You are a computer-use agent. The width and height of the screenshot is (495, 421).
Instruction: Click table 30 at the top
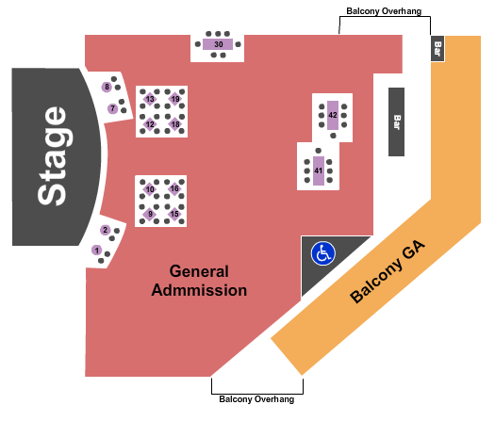tap(218, 44)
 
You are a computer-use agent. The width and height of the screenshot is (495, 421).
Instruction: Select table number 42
tap(333, 115)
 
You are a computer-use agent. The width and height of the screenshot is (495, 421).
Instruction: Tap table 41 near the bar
tap(319, 170)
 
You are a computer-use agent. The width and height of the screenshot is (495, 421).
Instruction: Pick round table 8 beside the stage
tap(107, 87)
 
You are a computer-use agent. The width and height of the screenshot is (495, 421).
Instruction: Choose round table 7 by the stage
tap(113, 108)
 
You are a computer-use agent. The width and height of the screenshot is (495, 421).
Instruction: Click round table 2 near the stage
tap(105, 230)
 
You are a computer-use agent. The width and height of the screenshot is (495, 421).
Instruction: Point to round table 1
tap(96, 251)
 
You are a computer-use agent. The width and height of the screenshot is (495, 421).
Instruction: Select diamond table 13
tap(150, 99)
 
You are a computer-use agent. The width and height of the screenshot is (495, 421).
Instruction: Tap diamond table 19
tap(175, 99)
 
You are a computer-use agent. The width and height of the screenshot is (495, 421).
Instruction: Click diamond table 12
tap(150, 124)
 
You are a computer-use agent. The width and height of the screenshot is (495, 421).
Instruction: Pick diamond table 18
tap(175, 124)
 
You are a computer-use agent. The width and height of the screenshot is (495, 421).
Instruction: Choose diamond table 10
tap(150, 189)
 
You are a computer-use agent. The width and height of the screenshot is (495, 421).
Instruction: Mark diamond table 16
tap(174, 188)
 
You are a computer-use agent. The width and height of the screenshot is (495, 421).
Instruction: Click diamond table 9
tap(150, 214)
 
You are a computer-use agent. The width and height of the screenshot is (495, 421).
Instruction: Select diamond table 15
tap(174, 214)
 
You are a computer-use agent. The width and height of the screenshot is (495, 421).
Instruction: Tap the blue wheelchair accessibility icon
tap(323, 253)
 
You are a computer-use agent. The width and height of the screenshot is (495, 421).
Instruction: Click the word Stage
tap(53, 156)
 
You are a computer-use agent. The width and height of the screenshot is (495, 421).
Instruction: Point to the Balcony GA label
tap(388, 272)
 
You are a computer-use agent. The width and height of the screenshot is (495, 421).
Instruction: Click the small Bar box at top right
tap(437, 49)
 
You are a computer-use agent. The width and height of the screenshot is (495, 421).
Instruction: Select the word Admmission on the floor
tap(199, 290)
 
